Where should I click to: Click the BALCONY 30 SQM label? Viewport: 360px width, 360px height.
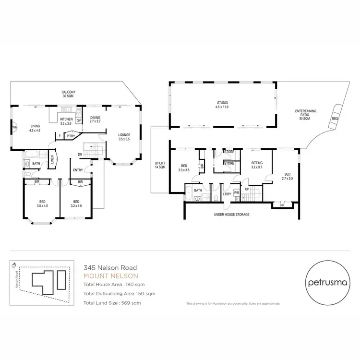click(x=68, y=94)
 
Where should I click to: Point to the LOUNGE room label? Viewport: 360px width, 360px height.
click(x=124, y=137)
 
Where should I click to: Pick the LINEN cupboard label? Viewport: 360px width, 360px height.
click(x=52, y=159)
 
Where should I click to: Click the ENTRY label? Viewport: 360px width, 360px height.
click(x=78, y=170)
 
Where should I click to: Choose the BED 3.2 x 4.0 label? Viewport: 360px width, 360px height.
click(x=75, y=204)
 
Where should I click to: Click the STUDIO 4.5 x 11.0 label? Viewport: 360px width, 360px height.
click(x=222, y=104)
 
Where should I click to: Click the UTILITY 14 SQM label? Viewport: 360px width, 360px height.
click(x=160, y=166)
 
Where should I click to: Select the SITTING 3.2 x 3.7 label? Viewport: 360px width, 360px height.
click(x=257, y=166)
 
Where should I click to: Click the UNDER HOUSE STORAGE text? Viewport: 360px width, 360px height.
click(x=231, y=215)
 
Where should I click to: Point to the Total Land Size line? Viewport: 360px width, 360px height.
click(x=112, y=303)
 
